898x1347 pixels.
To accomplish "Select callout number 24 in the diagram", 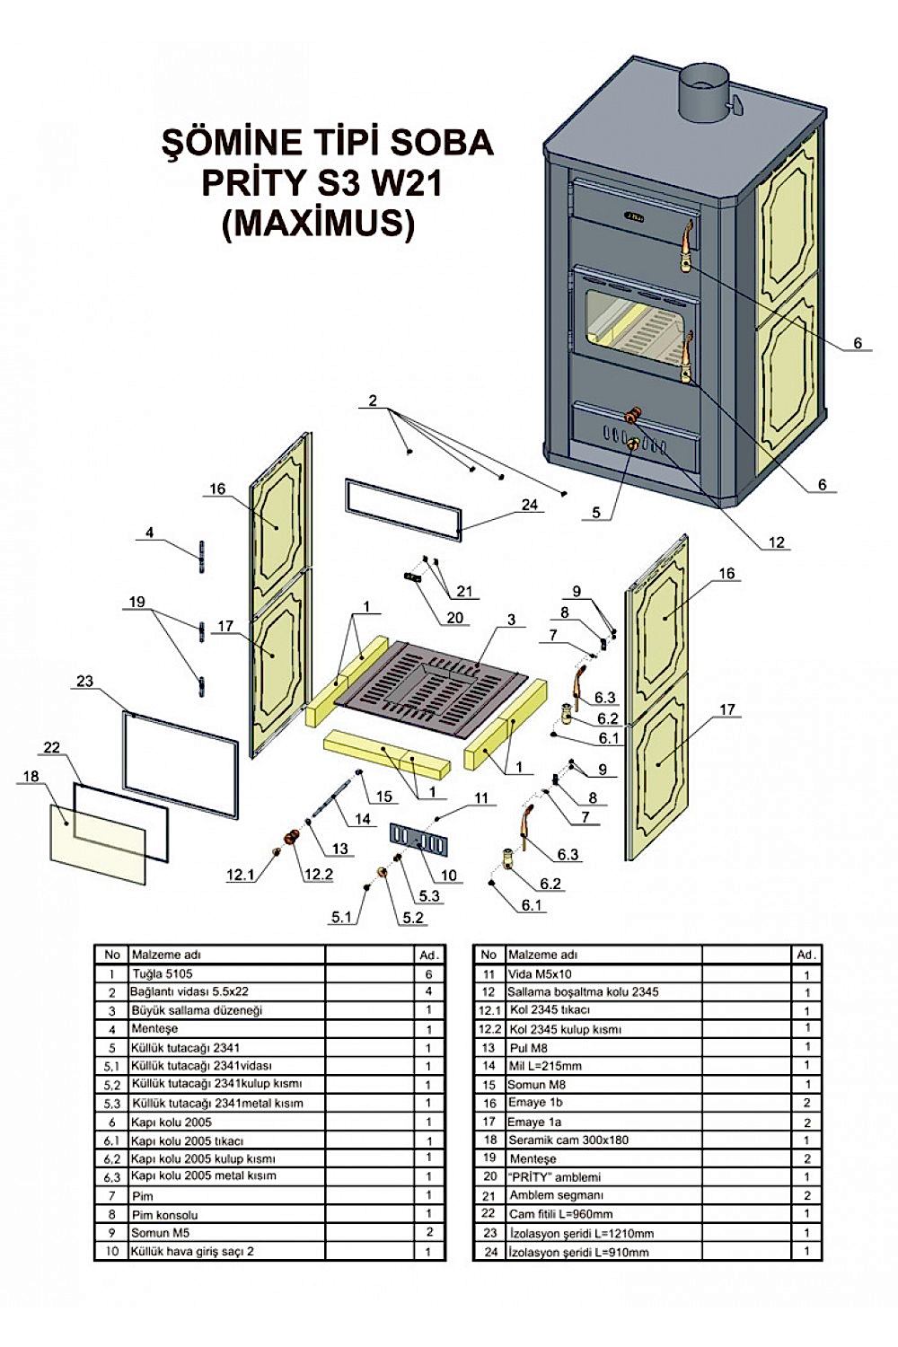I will (x=530, y=504).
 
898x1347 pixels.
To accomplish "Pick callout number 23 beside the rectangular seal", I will (x=84, y=681).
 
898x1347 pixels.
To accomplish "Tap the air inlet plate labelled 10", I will (x=418, y=840).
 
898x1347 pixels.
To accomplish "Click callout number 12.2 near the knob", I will (x=318, y=876).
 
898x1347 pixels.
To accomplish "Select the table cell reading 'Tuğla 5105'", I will (x=163, y=973).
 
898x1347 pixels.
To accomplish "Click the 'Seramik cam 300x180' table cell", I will (x=568, y=1140).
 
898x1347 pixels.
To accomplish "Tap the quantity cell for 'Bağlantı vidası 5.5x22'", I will (x=429, y=991).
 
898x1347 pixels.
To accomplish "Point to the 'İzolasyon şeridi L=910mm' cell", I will (x=578, y=1252).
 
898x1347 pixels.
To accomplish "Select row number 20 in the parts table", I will (x=489, y=1176).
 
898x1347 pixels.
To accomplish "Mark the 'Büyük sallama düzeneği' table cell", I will (x=184, y=1010).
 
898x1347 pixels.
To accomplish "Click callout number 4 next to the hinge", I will (x=150, y=533).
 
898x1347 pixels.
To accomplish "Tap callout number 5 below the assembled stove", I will (x=595, y=513).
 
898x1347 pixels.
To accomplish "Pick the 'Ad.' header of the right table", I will (x=806, y=954).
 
